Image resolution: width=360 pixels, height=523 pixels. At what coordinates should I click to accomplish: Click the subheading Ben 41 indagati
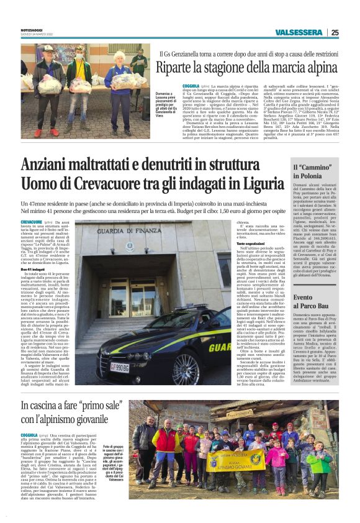(34, 268)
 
